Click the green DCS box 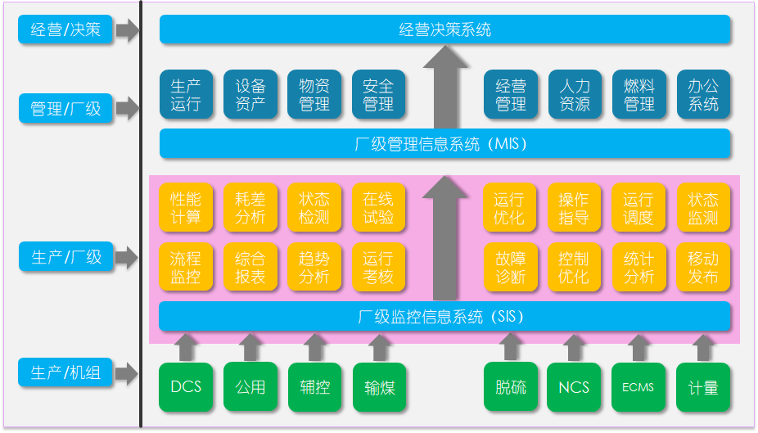186,387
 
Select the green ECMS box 638,387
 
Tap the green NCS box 574,387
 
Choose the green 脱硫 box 511,387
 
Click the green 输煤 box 379,387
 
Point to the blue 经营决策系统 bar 444,29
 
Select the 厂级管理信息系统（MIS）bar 444,144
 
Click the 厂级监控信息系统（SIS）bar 444,316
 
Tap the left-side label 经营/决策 65,30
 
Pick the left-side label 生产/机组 65,373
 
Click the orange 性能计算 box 186,209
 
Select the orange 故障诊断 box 511,267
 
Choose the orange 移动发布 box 703,267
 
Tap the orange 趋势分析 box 314,267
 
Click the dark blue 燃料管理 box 638,95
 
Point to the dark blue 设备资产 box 250,95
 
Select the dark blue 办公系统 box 703,95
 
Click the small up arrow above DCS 186,346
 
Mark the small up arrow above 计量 703,346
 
